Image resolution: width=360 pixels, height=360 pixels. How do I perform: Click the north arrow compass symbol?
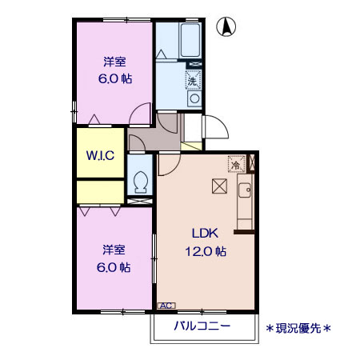[227, 27]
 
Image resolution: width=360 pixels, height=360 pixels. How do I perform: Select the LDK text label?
[202, 234]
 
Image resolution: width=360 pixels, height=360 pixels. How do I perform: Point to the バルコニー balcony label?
[202, 326]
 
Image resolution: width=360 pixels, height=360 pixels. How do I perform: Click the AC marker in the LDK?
[166, 306]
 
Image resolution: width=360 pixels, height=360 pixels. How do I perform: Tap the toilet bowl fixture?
[141, 182]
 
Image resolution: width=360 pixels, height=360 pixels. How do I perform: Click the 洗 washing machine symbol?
[192, 79]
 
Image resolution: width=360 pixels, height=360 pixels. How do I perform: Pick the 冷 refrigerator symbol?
[237, 162]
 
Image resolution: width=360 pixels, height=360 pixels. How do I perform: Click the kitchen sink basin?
[244, 192]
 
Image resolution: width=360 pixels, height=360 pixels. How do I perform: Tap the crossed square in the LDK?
[219, 186]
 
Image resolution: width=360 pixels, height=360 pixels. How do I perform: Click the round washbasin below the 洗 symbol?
[193, 98]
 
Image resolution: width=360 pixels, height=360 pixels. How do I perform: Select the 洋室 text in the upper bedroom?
[114, 62]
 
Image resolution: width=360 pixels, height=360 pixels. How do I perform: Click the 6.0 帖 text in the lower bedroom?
[114, 267]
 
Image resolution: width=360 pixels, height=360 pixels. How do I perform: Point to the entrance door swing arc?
[215, 128]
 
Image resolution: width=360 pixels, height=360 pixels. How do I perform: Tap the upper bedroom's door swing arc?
[141, 114]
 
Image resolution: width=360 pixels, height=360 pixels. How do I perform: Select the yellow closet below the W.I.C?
[100, 192]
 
